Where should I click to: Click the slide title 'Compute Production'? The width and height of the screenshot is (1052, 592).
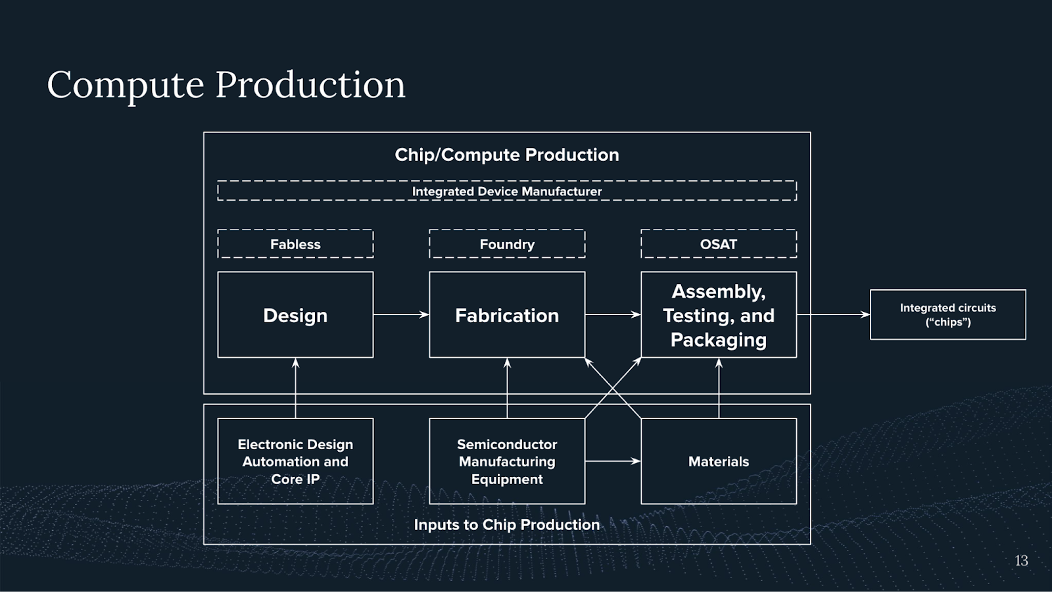pyautogui.click(x=226, y=85)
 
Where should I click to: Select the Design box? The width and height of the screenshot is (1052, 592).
pyautogui.click(x=295, y=315)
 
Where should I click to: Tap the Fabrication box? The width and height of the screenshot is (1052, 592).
pyautogui.click(x=507, y=315)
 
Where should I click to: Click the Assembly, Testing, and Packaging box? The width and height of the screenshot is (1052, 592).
pyautogui.click(x=719, y=315)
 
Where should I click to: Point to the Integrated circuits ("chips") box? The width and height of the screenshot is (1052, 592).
pyautogui.click(x=947, y=315)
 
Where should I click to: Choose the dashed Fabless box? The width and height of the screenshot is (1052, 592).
pyautogui.click(x=295, y=244)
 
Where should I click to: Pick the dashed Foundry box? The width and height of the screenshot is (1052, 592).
pyautogui.click(x=507, y=244)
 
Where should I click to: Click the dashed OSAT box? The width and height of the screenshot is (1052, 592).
pyautogui.click(x=719, y=244)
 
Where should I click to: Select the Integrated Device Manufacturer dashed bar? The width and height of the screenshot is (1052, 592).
pyautogui.click(x=507, y=191)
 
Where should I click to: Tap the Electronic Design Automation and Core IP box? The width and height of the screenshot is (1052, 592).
pyautogui.click(x=295, y=461)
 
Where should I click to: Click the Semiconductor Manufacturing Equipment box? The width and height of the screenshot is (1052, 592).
pyautogui.click(x=507, y=461)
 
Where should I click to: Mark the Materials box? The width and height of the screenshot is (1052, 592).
pyautogui.click(x=719, y=461)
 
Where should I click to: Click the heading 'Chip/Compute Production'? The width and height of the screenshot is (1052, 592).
pyautogui.click(x=507, y=155)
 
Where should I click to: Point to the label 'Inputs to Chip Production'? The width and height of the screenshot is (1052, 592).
pyautogui.click(x=507, y=524)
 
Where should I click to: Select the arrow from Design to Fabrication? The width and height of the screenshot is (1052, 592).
pyautogui.click(x=401, y=315)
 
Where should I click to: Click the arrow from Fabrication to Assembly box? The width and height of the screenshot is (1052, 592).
pyautogui.click(x=613, y=315)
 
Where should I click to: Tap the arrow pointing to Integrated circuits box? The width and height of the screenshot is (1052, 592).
pyautogui.click(x=833, y=315)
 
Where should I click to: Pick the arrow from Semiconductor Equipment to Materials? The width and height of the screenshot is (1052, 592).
pyautogui.click(x=613, y=461)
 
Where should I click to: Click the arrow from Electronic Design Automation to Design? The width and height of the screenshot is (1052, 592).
pyautogui.click(x=295, y=388)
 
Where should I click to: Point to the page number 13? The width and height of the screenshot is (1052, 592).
pyautogui.click(x=1021, y=560)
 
